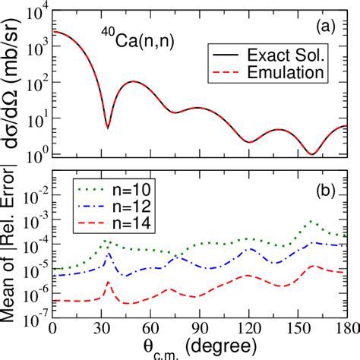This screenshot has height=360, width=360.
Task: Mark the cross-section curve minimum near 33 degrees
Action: [107, 128]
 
